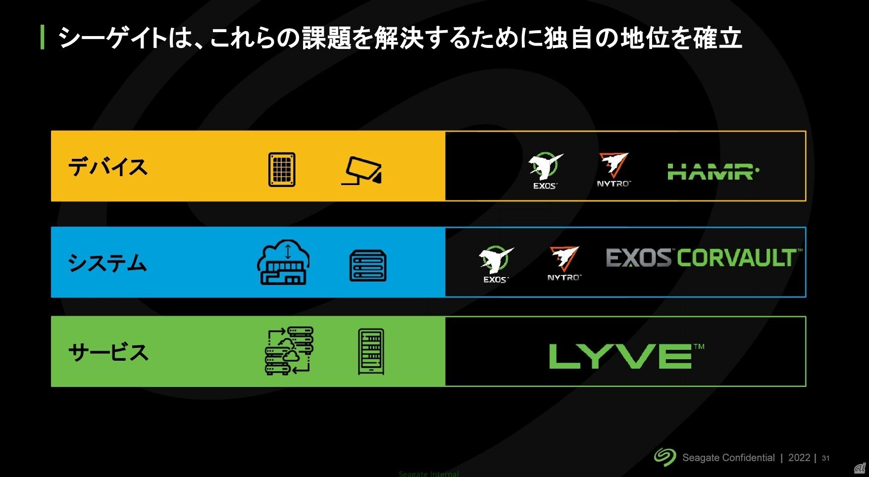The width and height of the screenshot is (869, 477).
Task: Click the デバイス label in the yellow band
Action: point(108,167)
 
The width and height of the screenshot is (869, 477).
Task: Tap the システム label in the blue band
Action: point(107,263)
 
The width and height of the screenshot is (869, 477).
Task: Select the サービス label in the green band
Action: point(108,353)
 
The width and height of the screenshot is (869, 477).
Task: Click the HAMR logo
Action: point(713,172)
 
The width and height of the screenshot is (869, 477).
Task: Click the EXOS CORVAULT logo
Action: point(703,258)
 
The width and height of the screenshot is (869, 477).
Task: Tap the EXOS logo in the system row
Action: point(496,264)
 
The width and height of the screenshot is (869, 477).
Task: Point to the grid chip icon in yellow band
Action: point(282,170)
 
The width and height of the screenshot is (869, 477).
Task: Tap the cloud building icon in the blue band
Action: point(283,262)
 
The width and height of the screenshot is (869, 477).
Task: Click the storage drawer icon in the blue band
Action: point(368,266)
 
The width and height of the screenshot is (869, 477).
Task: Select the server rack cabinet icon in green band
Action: point(371,352)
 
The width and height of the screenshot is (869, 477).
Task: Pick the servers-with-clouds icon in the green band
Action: point(289,351)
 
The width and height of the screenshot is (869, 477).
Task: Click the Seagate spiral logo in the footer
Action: point(665,457)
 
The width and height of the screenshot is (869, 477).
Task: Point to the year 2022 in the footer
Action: point(799,458)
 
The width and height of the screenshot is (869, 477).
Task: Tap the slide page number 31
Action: point(825,458)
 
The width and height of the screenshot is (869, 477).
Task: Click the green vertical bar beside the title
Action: point(43,37)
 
